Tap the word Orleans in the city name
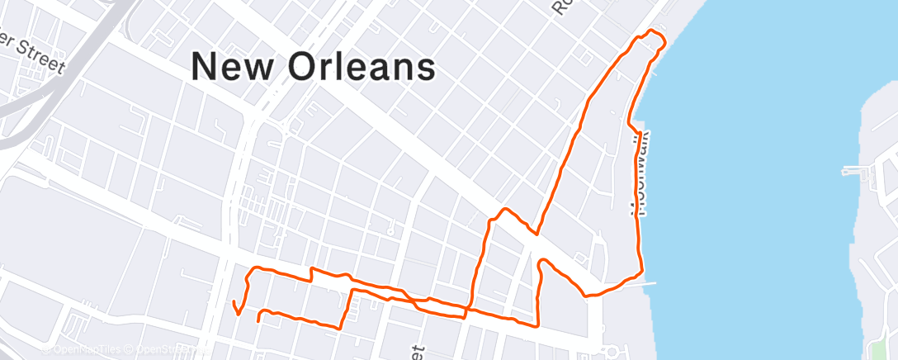point(362,66)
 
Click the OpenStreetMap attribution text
point(165,349)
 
